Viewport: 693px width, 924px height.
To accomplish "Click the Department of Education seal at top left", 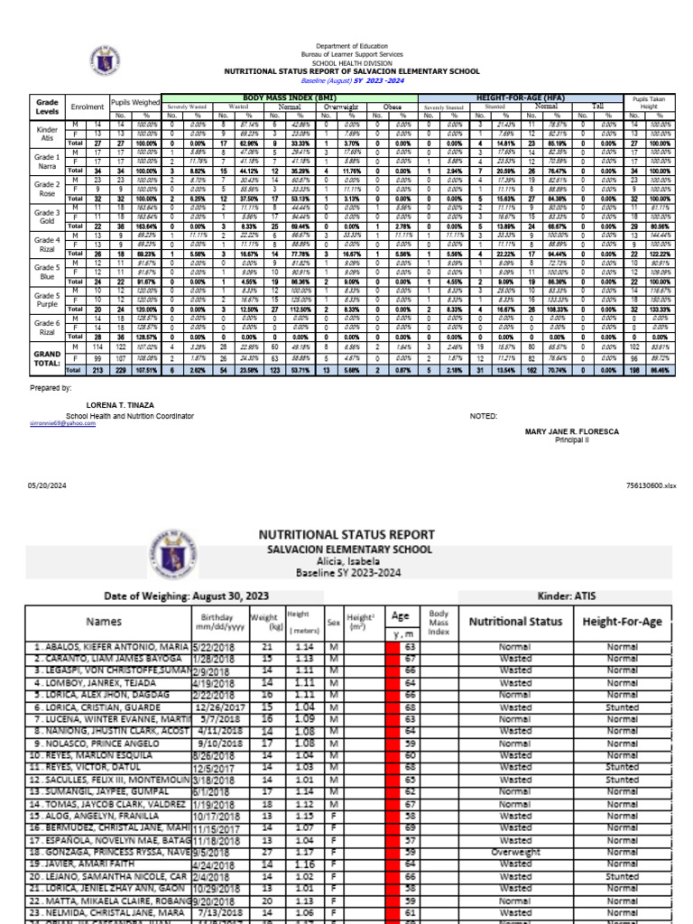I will click(x=103, y=60).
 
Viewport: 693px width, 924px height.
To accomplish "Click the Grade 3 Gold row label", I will click(x=47, y=216).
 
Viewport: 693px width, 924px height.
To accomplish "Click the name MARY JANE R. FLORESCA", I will click(x=572, y=431).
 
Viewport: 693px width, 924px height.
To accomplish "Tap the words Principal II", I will click(x=572, y=440).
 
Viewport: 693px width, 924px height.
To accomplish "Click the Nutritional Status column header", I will click(x=515, y=621).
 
